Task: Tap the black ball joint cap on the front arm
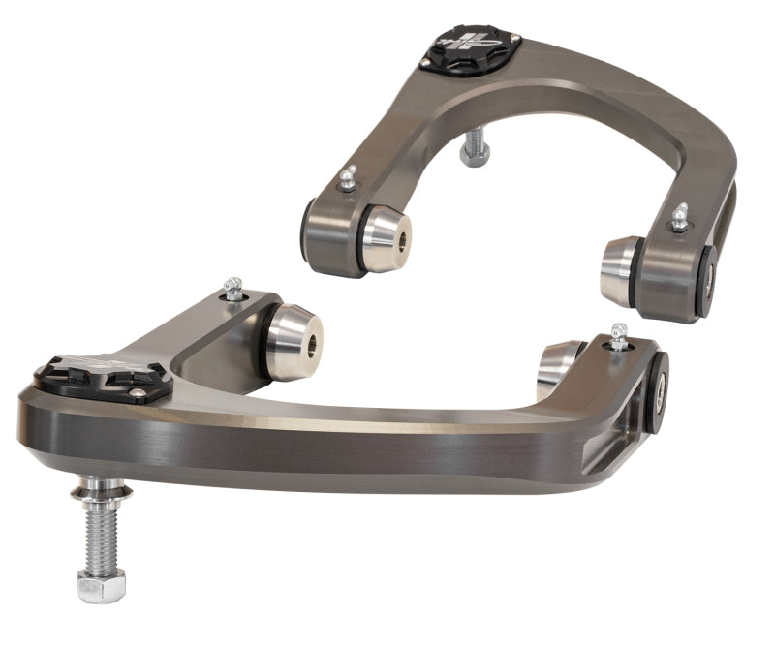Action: (102, 376)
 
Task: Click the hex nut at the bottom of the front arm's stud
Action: (102, 584)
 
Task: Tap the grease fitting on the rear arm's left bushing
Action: (348, 178)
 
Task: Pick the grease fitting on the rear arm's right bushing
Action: (680, 217)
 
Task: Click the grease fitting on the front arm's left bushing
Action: (232, 289)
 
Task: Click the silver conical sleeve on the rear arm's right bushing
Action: (620, 271)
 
